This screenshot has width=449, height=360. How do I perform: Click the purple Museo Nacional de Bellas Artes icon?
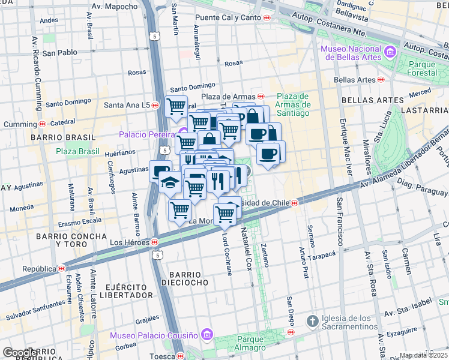(391, 52)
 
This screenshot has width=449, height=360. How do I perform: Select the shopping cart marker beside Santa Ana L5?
(176, 107)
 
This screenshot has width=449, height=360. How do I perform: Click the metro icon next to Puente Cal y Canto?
(267, 18)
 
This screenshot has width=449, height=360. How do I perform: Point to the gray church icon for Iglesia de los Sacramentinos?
(312, 322)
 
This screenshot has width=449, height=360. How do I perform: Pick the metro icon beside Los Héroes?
(155, 242)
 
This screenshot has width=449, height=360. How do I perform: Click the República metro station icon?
(61, 268)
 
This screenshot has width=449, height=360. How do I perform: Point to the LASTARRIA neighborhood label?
(427, 110)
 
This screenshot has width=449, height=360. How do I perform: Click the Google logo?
(20, 353)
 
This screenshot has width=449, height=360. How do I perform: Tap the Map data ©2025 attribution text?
(424, 355)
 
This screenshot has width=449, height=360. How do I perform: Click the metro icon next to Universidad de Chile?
(295, 203)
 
